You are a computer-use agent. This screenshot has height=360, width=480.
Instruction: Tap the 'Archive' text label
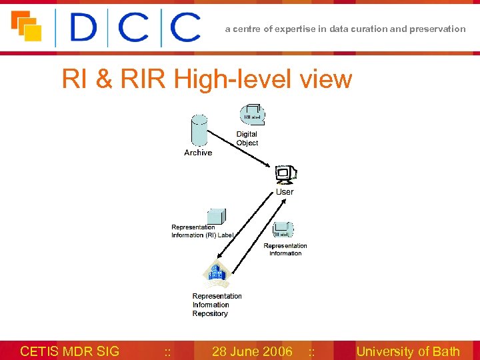coord(198,153)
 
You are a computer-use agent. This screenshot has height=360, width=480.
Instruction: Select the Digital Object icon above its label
coord(254,114)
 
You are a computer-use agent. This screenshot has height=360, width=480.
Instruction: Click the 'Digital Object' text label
coord(247,139)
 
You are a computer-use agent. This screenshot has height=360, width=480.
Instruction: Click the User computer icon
coord(285,175)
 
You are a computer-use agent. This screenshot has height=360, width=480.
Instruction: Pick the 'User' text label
coord(285,192)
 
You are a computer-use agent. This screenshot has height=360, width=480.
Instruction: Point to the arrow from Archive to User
coord(240,149)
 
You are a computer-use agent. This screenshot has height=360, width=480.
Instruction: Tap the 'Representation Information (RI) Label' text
coord(202,231)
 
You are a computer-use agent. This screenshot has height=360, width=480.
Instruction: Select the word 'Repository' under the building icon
coord(210,313)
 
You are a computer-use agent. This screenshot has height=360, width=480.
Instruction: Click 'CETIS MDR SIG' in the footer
coord(70,351)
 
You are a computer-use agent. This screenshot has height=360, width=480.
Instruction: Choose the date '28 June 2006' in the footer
coord(252,351)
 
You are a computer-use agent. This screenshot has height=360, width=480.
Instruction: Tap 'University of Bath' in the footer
coord(408,351)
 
